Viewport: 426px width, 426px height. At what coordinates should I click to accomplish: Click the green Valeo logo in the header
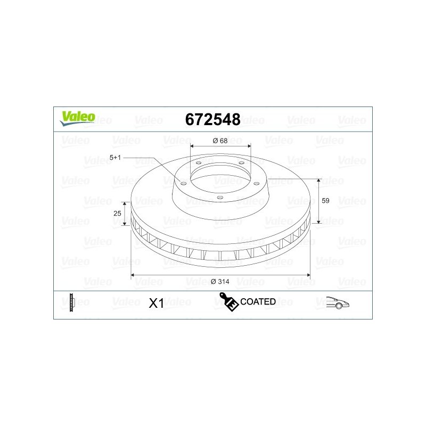(x=78, y=118)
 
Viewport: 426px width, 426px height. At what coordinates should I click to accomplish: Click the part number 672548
(x=212, y=119)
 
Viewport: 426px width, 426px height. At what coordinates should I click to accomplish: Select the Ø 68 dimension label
(x=220, y=141)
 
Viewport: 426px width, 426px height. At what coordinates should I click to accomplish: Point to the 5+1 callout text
(x=115, y=158)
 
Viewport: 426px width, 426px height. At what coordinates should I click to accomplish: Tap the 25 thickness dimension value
(x=117, y=214)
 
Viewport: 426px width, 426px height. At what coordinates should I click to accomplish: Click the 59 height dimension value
(x=325, y=201)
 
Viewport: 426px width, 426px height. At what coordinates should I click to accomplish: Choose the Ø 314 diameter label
(x=220, y=282)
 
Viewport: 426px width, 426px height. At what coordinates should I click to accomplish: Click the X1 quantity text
(x=157, y=303)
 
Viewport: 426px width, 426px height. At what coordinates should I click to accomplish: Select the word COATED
(x=258, y=301)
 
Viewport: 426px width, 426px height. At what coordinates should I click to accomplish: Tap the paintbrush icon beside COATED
(x=229, y=301)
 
